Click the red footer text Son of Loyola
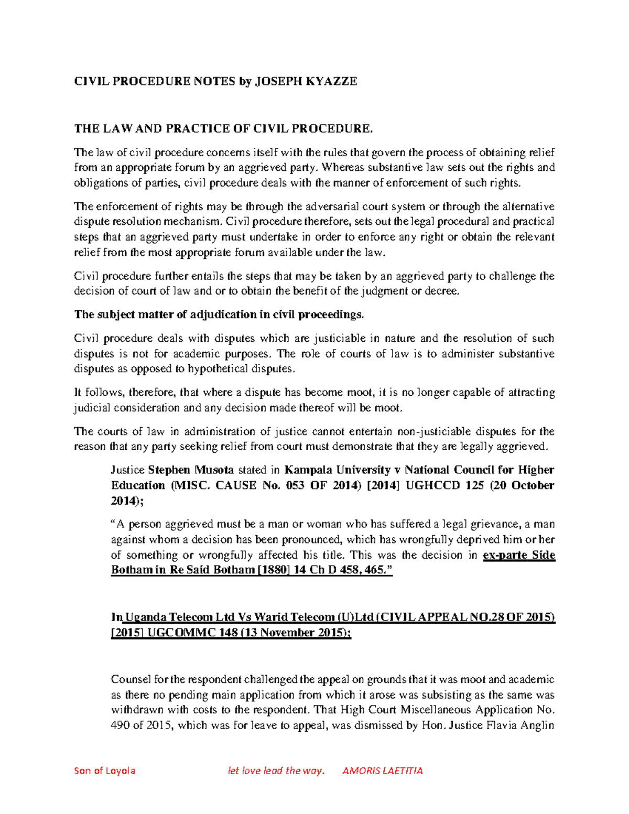tap(104, 770)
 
